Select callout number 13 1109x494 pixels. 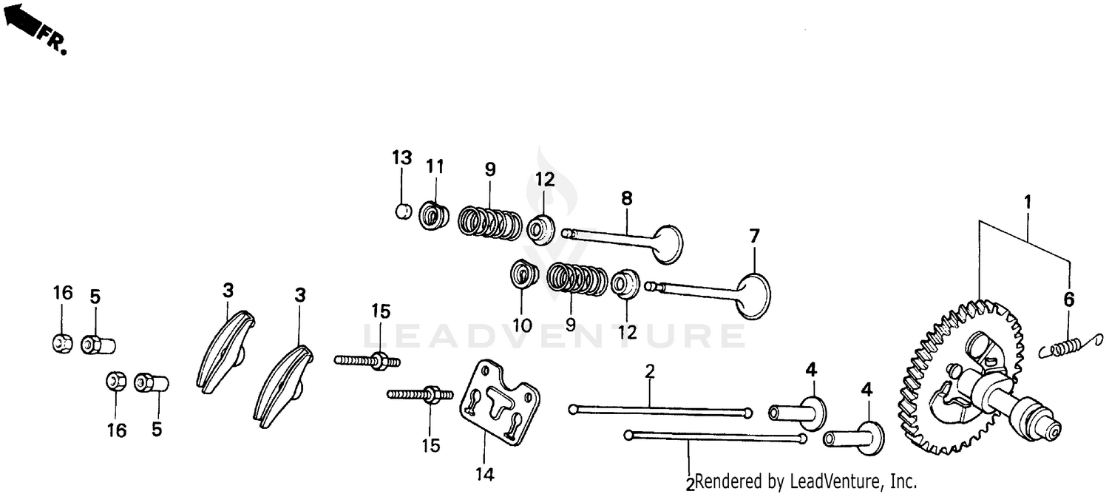[x=401, y=158]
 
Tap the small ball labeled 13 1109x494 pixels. [x=401, y=212]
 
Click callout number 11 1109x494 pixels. [x=435, y=167]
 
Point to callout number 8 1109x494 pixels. [x=627, y=198]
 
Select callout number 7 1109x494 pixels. [x=754, y=237]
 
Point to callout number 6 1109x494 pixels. [x=1068, y=300]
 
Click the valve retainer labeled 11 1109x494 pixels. [x=434, y=216]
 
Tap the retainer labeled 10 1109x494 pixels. [x=524, y=275]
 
